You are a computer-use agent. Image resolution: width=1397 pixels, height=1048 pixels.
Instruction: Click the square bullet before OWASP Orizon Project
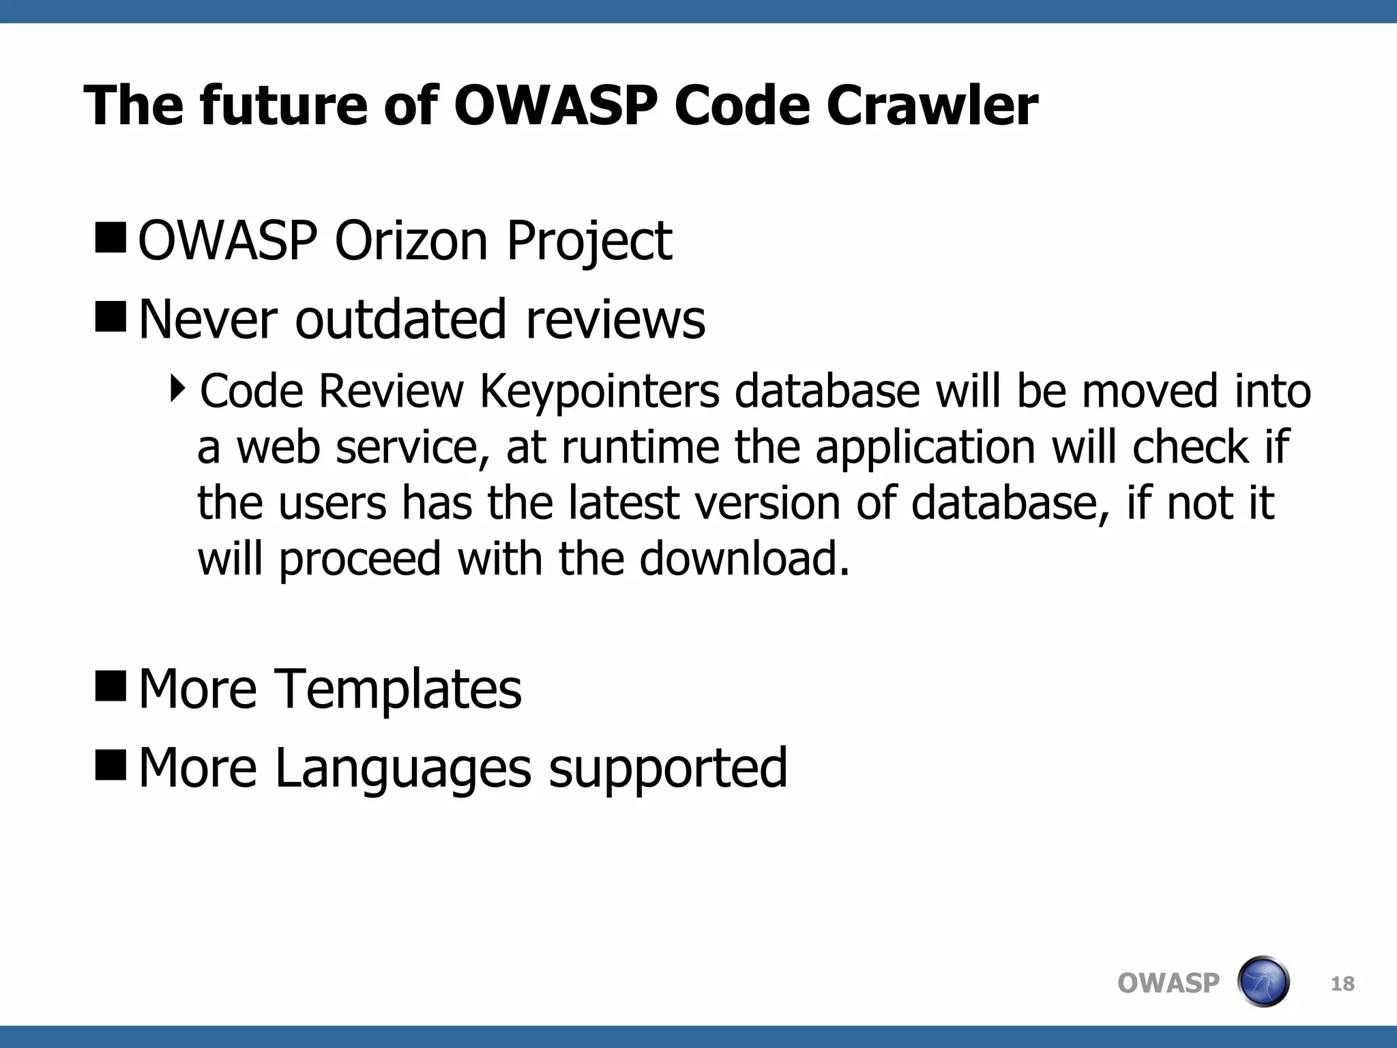point(111,237)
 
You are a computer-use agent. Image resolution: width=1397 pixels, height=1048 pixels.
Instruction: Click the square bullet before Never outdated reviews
point(111,317)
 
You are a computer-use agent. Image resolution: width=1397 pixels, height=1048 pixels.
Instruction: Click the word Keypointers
point(600,392)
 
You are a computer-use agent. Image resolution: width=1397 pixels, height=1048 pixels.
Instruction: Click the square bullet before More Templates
point(111,686)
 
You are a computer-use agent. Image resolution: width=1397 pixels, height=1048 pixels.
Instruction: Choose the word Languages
point(402,768)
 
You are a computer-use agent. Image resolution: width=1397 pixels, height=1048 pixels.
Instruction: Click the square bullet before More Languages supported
point(111,765)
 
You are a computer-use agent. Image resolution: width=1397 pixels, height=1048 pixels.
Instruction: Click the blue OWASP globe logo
point(1263,982)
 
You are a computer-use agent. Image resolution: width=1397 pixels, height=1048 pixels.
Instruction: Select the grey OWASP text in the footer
point(1168,983)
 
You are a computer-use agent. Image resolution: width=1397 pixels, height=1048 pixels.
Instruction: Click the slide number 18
point(1342,984)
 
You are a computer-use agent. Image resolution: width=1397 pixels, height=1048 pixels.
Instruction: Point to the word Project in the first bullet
point(589,242)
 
